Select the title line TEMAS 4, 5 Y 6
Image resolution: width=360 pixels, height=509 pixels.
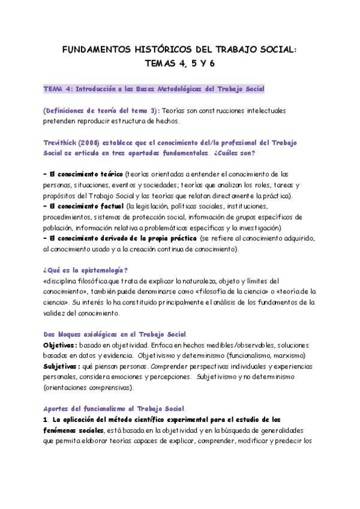[x=179, y=65]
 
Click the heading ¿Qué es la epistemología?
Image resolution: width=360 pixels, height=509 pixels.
[x=86, y=270]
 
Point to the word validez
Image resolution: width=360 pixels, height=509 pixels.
[x=55, y=313]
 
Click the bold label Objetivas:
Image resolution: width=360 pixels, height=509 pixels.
[x=59, y=345]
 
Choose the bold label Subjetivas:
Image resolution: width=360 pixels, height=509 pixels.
[x=61, y=367]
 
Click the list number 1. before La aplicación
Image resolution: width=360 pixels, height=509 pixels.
[x=46, y=419]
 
